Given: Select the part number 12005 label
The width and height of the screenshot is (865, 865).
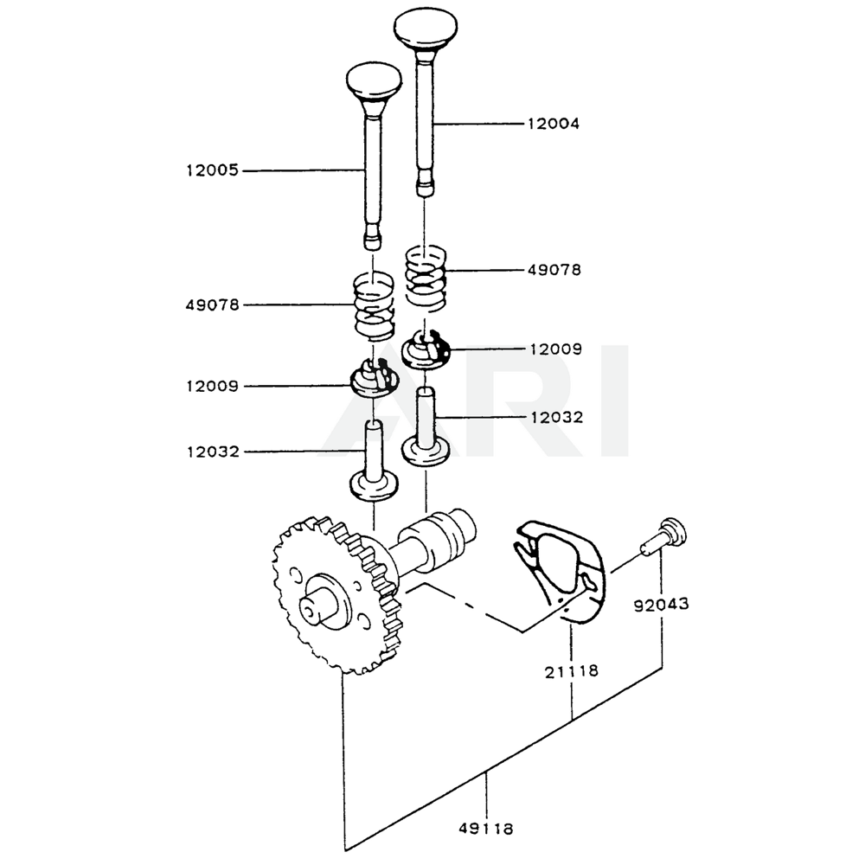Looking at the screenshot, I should pyautogui.click(x=212, y=171).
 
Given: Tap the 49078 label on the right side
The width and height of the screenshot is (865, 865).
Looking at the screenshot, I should pyautogui.click(x=554, y=270).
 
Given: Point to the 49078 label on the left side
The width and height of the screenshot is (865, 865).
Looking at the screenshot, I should pyautogui.click(x=212, y=304).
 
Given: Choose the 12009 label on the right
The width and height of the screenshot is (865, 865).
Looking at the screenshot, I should pyautogui.click(x=554, y=349).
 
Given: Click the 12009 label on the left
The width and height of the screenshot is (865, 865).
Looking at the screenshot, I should pyautogui.click(x=212, y=386).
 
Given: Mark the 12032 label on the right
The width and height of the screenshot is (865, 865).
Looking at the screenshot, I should pyautogui.click(x=554, y=417).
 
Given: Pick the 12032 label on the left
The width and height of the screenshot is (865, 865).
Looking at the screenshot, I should pyautogui.click(x=212, y=452).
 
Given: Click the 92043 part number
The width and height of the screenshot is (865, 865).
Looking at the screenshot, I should pyautogui.click(x=661, y=605).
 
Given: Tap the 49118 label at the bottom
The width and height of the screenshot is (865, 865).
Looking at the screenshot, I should pyautogui.click(x=486, y=828).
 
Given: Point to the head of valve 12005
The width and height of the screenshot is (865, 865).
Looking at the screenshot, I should pyautogui.click(x=374, y=81).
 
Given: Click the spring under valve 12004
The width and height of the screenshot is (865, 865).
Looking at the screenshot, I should pyautogui.click(x=426, y=277).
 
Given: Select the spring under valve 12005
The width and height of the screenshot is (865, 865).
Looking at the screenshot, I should pyautogui.click(x=374, y=308).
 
